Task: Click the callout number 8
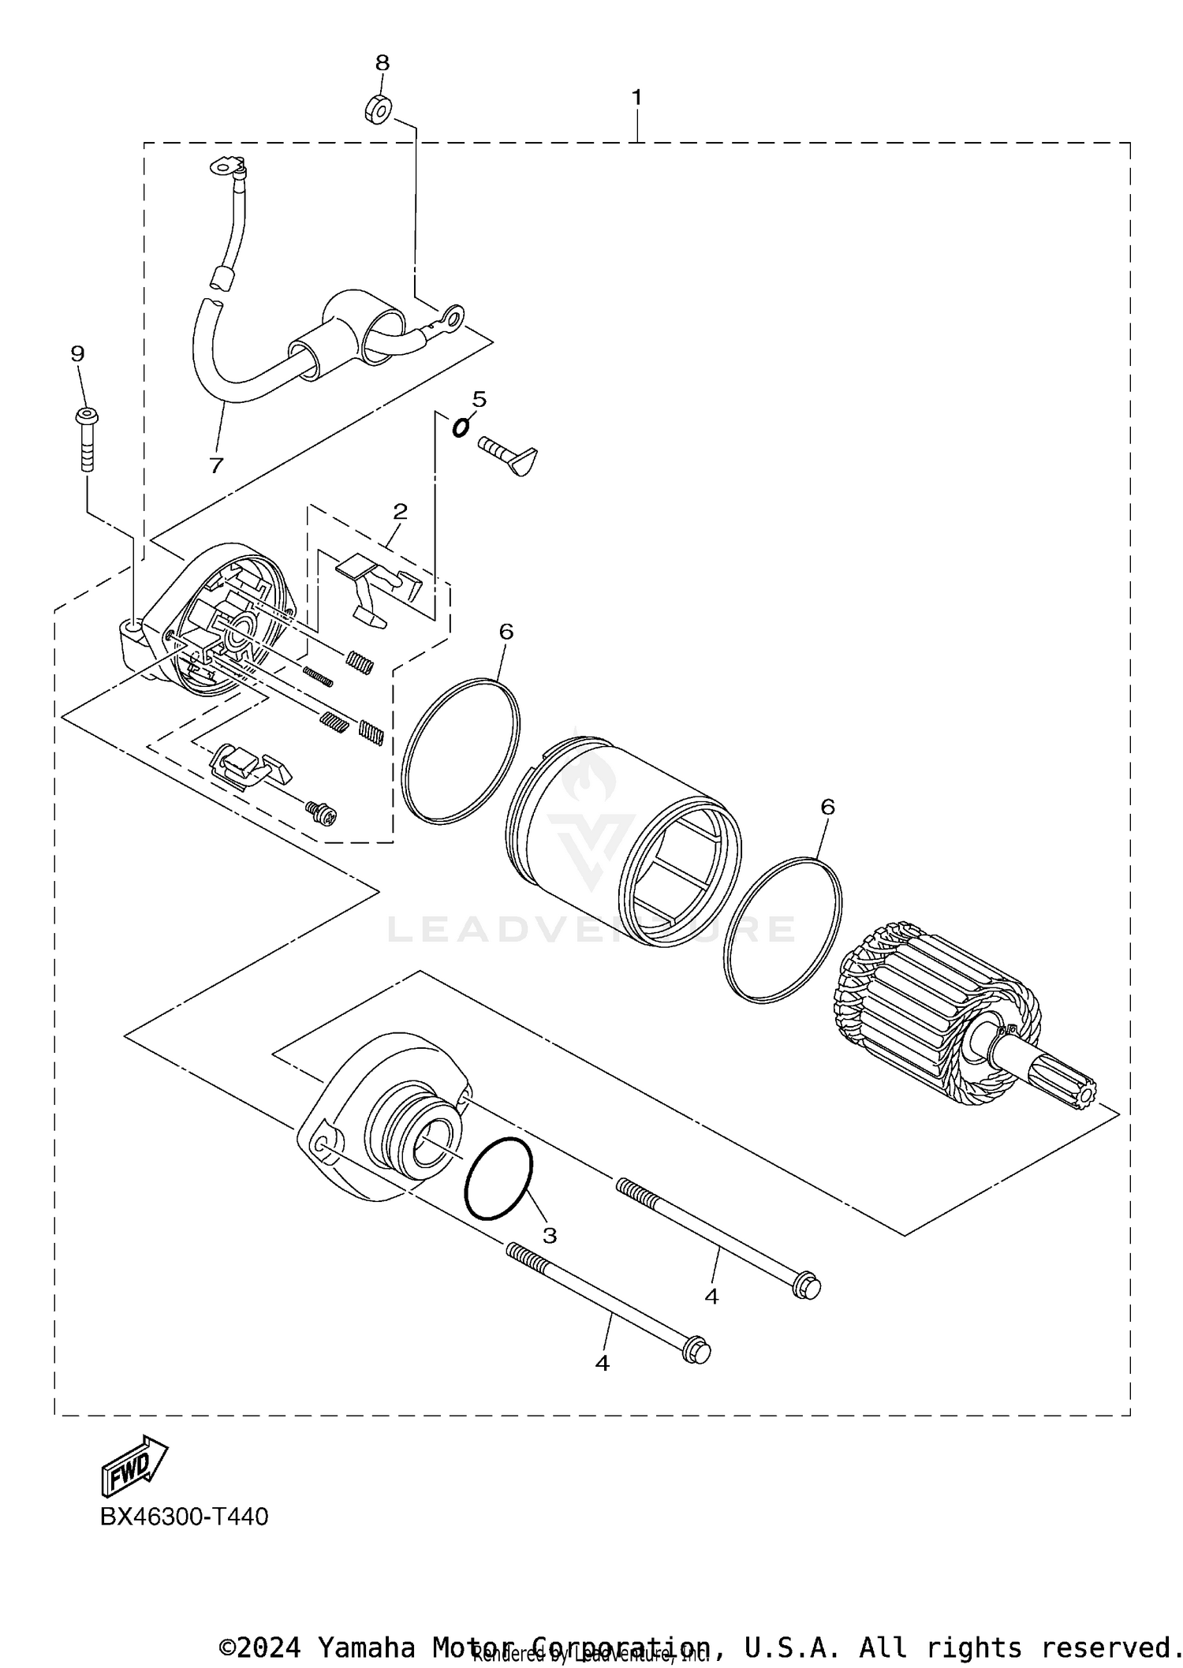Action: pos(382,62)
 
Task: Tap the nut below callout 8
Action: pos(378,110)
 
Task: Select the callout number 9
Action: pos(77,353)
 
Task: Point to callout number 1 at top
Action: pos(636,98)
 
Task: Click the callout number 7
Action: pos(216,465)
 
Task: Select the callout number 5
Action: pos(480,399)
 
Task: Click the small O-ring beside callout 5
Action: pos(460,427)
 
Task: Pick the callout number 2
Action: pos(401,511)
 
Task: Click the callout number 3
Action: pos(550,1235)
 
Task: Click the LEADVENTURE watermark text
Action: pos(591,929)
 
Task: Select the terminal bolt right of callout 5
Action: pos(509,455)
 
